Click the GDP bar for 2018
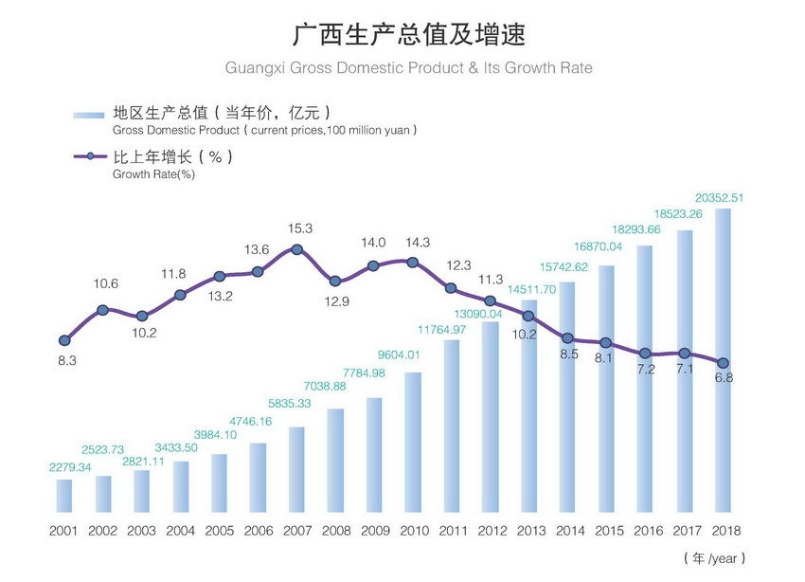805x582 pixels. click(723, 360)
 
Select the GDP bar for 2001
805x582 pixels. click(63, 495)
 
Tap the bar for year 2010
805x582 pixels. click(412, 442)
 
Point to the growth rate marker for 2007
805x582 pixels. click(296, 249)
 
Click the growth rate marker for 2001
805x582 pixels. click(64, 340)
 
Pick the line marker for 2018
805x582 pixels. click(723, 362)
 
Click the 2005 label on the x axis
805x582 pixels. click(219, 531)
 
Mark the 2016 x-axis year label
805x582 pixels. click(645, 531)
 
